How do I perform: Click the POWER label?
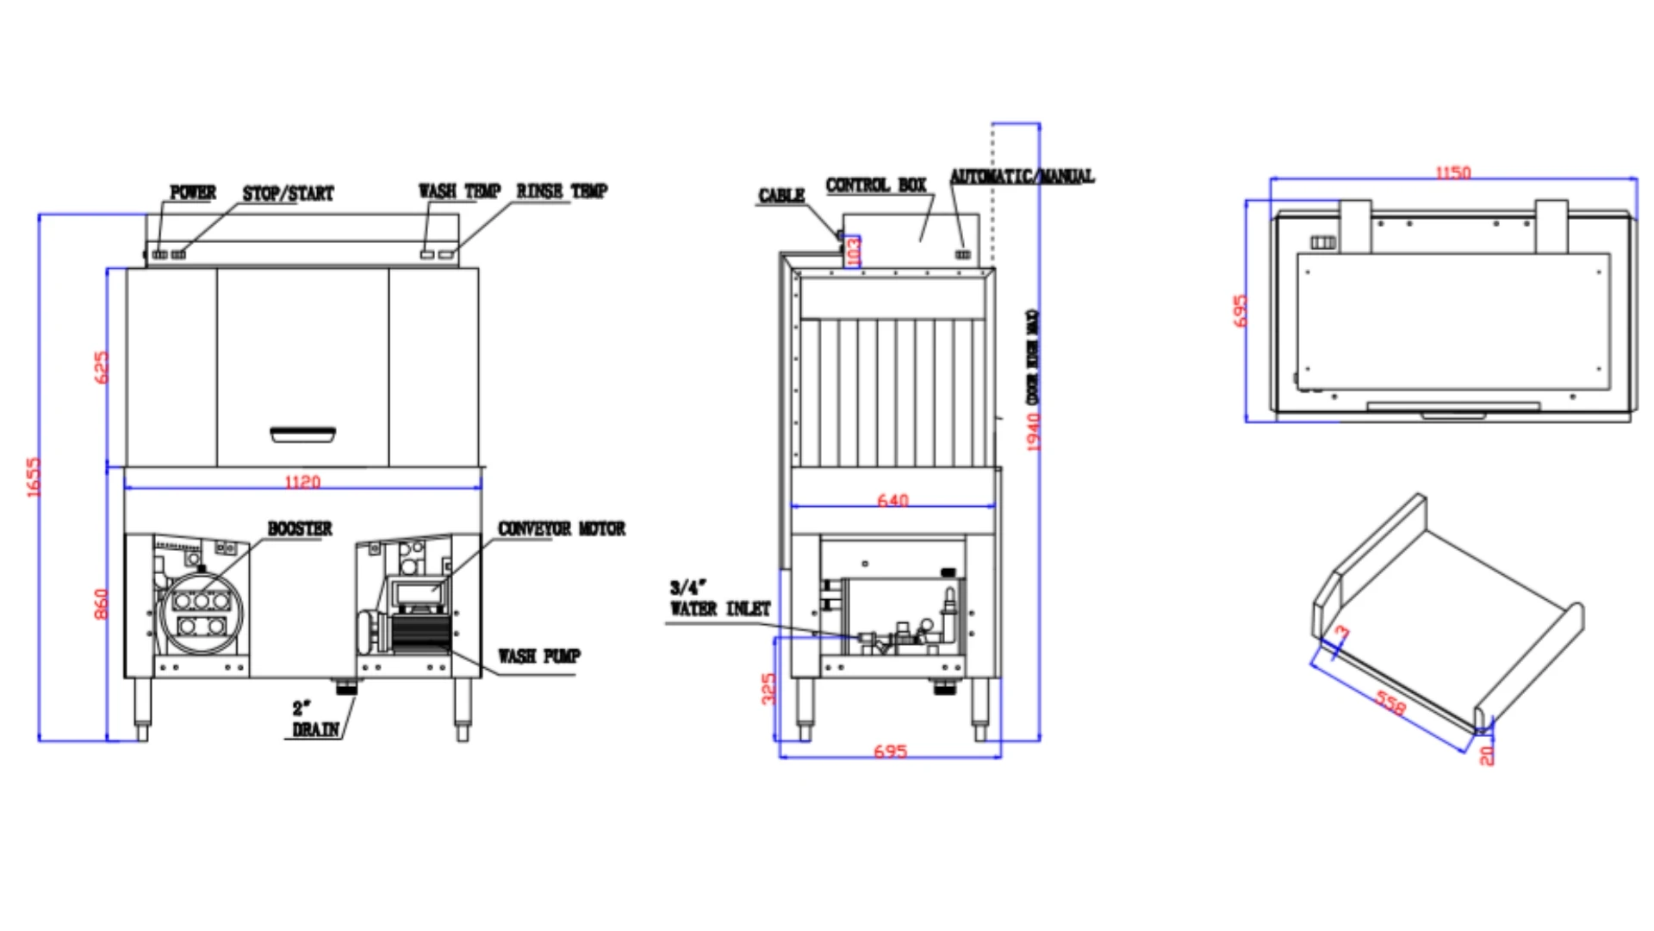coord(193,192)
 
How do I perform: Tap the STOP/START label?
coord(288,193)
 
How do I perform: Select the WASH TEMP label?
coord(459,191)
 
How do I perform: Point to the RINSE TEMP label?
coord(562,191)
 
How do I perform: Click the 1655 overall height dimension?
coord(34,477)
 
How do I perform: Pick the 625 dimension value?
coord(102,367)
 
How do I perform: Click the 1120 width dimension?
coord(302,481)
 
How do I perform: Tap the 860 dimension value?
coord(102,603)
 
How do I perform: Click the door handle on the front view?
coord(303,434)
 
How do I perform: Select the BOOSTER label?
coord(299,528)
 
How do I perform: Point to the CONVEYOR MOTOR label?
coord(562,528)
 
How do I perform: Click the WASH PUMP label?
coord(539,656)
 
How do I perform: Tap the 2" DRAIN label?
coord(314,719)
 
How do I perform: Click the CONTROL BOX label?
coord(876,185)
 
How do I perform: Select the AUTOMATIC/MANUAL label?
coord(1022,176)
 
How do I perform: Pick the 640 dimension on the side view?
coord(892,500)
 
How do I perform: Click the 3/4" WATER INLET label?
coord(719,598)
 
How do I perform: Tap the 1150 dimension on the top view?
coord(1452,172)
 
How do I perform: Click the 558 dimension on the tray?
coord(1390,703)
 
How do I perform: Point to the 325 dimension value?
coord(768,688)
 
